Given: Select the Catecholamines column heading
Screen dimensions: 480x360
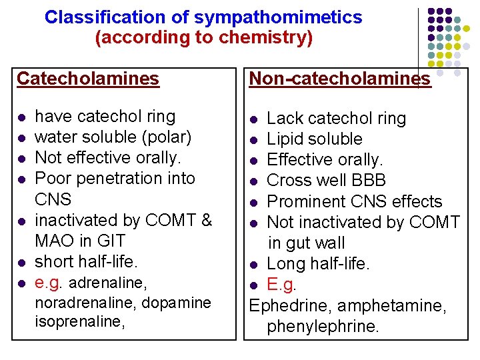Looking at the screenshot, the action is [88, 79].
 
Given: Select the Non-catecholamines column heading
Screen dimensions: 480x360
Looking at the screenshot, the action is [339, 79].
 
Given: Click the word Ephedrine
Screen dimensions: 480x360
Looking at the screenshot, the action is [291, 305].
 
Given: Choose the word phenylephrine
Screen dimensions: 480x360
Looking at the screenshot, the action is [323, 326].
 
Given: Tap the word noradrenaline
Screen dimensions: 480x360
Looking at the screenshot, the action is [77, 303].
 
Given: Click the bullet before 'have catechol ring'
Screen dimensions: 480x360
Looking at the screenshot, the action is [22, 118].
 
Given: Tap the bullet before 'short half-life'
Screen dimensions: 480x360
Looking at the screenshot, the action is [22, 263].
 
